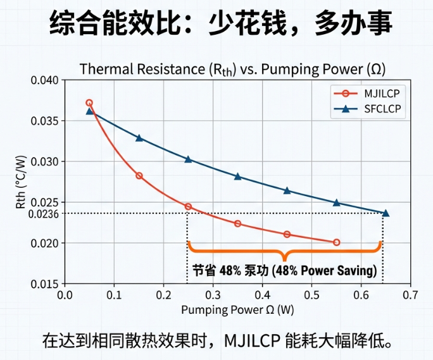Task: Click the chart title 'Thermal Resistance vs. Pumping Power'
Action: pyautogui.click(x=232, y=69)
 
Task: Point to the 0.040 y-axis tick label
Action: pyautogui.click(x=46, y=80)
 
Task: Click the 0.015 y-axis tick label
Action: pyautogui.click(x=46, y=284)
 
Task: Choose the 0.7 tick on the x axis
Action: pyautogui.click(x=410, y=295)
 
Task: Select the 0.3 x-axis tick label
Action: pyautogui.click(x=213, y=295)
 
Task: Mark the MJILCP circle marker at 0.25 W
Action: pyautogui.click(x=188, y=207)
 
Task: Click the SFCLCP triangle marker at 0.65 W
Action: pyautogui.click(x=386, y=213)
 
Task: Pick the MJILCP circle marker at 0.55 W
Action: pyautogui.click(x=336, y=242)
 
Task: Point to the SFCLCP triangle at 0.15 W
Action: pyautogui.click(x=139, y=138)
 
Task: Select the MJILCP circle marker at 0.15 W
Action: pyautogui.click(x=139, y=175)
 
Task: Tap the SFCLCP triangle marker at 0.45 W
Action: pyautogui.click(x=287, y=190)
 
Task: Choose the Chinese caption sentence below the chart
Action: pyautogui.click(x=217, y=340)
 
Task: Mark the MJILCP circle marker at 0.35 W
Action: pyautogui.click(x=237, y=223)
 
